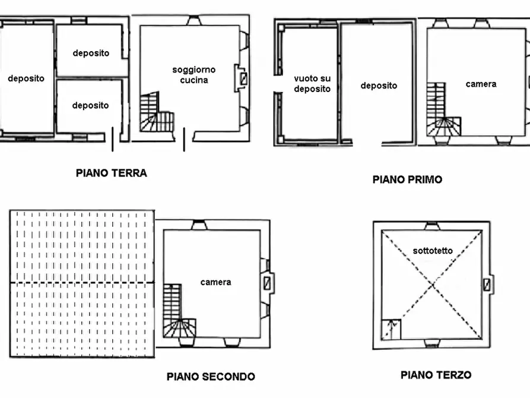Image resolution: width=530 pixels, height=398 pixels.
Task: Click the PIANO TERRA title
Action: click(111, 173)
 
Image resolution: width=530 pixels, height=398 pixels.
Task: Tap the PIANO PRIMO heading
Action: click(407, 179)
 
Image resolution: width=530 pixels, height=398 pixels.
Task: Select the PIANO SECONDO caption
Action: click(211, 377)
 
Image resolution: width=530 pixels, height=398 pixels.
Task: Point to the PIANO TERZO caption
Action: click(436, 375)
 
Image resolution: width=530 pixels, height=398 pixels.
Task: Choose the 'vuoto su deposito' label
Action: click(312, 84)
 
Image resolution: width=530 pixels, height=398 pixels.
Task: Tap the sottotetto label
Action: click(433, 251)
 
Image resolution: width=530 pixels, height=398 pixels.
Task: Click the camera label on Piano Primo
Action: click(481, 84)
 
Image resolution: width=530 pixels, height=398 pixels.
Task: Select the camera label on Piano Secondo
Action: click(215, 282)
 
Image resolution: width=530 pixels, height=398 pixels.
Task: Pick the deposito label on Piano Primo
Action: click(379, 86)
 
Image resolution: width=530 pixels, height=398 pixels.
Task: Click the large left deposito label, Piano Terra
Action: click(26, 78)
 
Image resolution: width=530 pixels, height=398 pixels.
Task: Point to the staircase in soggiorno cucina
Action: click(155, 115)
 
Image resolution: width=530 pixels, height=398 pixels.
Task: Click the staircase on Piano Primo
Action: click(442, 113)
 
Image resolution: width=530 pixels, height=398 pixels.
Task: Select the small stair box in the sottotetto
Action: click(391, 328)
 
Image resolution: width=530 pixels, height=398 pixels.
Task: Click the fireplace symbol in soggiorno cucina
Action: click(243, 78)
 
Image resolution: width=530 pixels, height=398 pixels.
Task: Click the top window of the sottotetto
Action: click(431, 226)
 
